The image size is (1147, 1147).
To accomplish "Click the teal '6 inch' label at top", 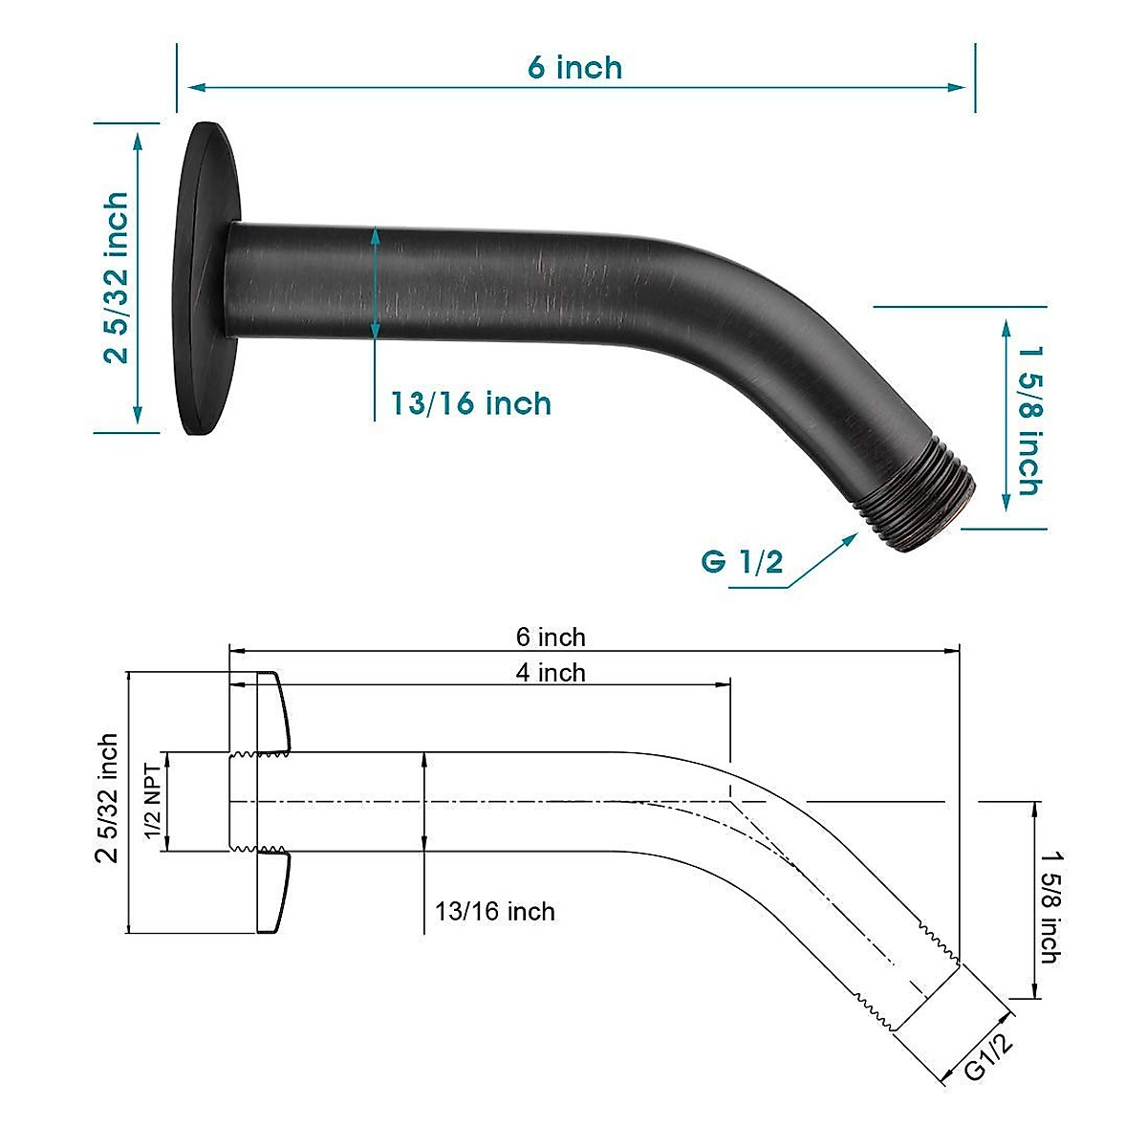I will pyautogui.click(x=574, y=68).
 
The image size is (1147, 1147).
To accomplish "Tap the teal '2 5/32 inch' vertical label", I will pyautogui.click(x=116, y=277).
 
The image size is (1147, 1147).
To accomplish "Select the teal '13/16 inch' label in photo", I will pyautogui.click(x=471, y=403).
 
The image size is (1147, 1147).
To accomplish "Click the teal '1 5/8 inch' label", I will pyautogui.click(x=1028, y=420).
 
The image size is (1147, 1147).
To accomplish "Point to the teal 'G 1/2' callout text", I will pyautogui.click(x=742, y=561).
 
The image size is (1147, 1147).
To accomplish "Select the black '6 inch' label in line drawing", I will pyautogui.click(x=551, y=637).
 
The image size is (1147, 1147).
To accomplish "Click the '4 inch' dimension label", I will pyautogui.click(x=551, y=672).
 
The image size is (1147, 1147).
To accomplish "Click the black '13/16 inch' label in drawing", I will pyautogui.click(x=495, y=911).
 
